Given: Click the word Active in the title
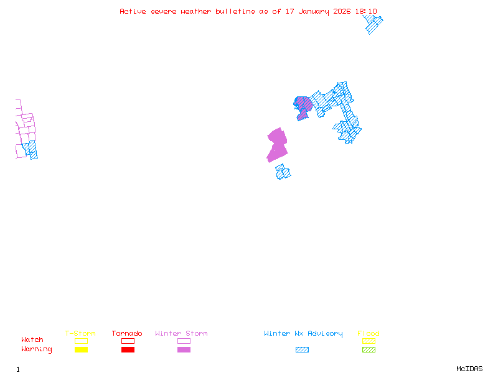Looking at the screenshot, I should click(x=133, y=11).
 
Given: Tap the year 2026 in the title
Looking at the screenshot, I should click(x=342, y=11).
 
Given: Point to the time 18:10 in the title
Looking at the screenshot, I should click(x=367, y=11).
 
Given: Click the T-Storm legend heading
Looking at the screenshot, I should click(x=80, y=333).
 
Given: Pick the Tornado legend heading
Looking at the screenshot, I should click(x=127, y=333).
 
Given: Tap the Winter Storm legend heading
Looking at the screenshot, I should click(x=181, y=333).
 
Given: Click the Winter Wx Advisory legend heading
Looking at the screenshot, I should click(x=303, y=333).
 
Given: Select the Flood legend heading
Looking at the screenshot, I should click(x=369, y=333).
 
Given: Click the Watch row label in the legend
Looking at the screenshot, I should click(x=32, y=340).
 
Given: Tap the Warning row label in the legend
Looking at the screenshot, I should click(x=36, y=349).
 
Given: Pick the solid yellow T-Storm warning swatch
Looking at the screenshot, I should click(x=81, y=349).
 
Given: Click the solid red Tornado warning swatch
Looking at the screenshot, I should click(x=128, y=349).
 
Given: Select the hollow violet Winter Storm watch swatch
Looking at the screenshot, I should click(x=184, y=341).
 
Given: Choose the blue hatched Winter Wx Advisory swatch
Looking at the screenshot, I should click(x=302, y=349).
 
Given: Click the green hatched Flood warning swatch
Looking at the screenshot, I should click(x=369, y=349).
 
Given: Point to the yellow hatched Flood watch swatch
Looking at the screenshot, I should click(x=369, y=341).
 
